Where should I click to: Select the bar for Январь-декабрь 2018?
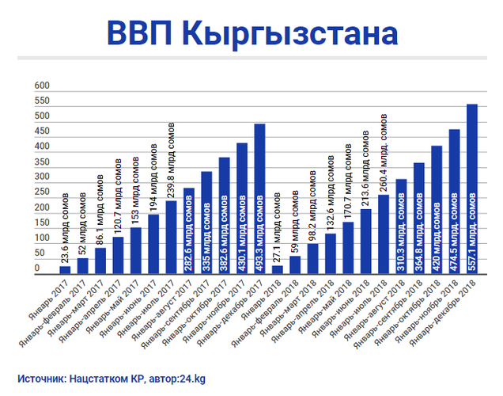[x=472, y=190]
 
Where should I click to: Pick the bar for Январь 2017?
[x=65, y=270]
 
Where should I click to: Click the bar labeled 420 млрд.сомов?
[x=436, y=211]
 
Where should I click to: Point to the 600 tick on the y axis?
[x=41, y=86]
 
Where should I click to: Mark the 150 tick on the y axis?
[x=41, y=223]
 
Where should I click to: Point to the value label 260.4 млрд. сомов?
[x=384, y=154]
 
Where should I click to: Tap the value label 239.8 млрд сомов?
[x=171, y=159]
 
